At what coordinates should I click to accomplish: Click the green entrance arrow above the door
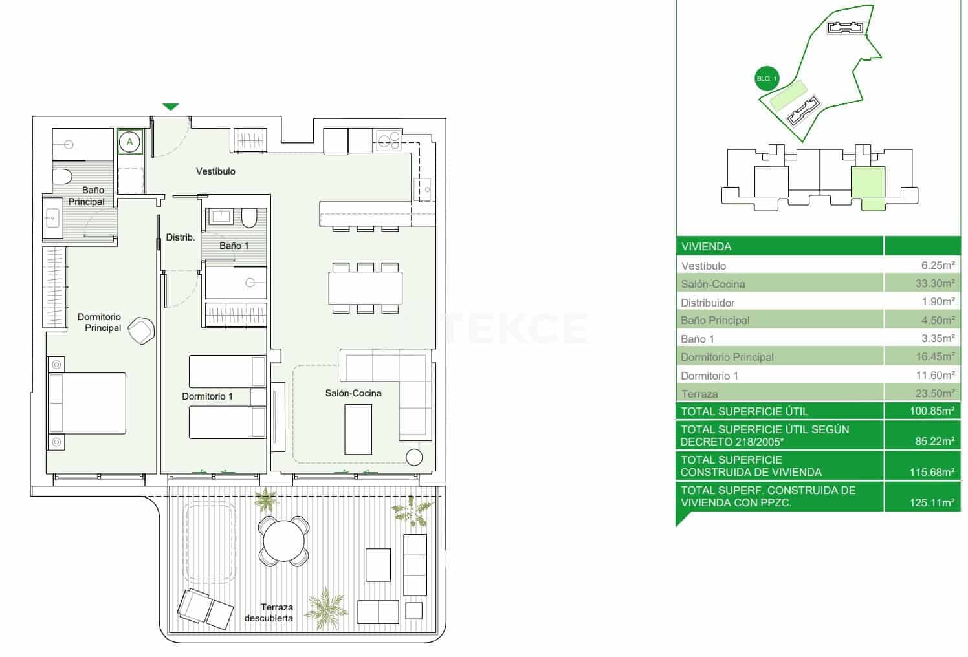(170, 107)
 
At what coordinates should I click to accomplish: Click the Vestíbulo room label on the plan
(215, 171)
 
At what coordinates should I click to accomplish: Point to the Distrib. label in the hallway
(180, 237)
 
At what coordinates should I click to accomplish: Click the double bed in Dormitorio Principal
(87, 403)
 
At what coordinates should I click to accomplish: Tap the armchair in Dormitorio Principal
(141, 330)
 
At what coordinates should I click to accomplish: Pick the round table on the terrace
(283, 541)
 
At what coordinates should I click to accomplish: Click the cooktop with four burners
(389, 140)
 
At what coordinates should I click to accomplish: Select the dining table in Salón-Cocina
(365, 288)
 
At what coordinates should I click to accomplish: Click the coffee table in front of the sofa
(358, 429)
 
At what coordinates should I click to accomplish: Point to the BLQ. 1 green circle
(767, 79)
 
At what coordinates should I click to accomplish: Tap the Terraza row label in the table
(699, 394)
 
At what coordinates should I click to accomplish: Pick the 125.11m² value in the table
(932, 502)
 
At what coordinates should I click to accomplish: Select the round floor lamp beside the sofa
(413, 457)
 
